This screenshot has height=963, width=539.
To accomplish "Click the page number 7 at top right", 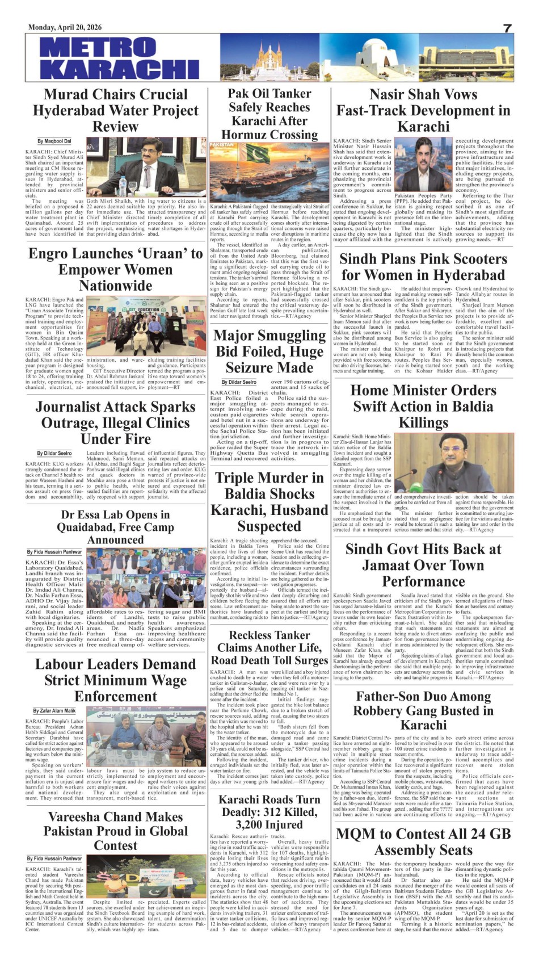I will [507, 28].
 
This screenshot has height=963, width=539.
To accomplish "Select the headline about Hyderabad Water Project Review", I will [116, 110].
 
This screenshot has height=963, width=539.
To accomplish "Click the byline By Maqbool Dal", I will [54, 141].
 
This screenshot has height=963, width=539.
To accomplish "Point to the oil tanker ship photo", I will [269, 173].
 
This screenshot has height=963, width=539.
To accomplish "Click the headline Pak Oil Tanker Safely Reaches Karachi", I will [269, 114].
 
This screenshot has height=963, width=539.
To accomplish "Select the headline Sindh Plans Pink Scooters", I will [423, 267].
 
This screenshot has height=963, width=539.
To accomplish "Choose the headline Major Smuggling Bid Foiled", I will [269, 351].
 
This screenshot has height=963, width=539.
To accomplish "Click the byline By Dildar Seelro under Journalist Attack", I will [54, 453].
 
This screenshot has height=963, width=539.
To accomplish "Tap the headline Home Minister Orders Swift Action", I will [423, 406].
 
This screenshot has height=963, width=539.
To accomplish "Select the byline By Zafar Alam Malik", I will [54, 710].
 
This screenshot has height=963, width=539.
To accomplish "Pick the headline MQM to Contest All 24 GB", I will [423, 841].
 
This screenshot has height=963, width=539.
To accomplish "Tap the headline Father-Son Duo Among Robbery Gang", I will [423, 710].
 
